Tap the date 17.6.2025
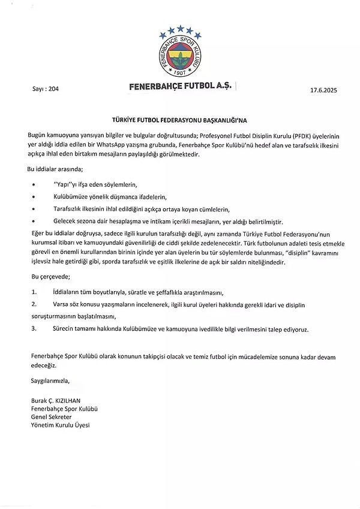(325, 89)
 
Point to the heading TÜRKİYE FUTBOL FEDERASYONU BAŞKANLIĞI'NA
(179, 119)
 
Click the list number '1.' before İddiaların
(34, 292)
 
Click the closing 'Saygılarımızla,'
(49, 381)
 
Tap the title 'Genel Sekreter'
(52, 417)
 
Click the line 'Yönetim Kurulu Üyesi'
(60, 426)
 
